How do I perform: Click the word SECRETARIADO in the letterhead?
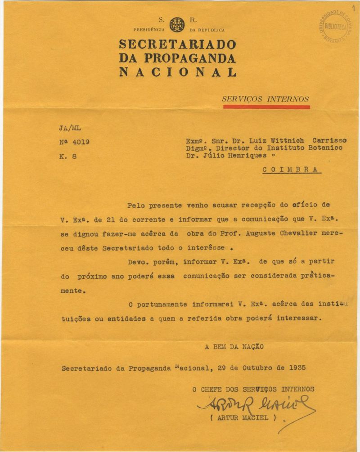click(177, 45)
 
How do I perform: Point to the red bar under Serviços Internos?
click(266, 107)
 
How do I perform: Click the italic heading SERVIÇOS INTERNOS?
click(265, 99)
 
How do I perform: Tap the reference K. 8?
click(66, 157)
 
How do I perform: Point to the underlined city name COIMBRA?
click(291, 170)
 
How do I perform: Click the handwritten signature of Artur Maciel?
click(252, 405)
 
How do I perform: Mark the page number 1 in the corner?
click(354, 4)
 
